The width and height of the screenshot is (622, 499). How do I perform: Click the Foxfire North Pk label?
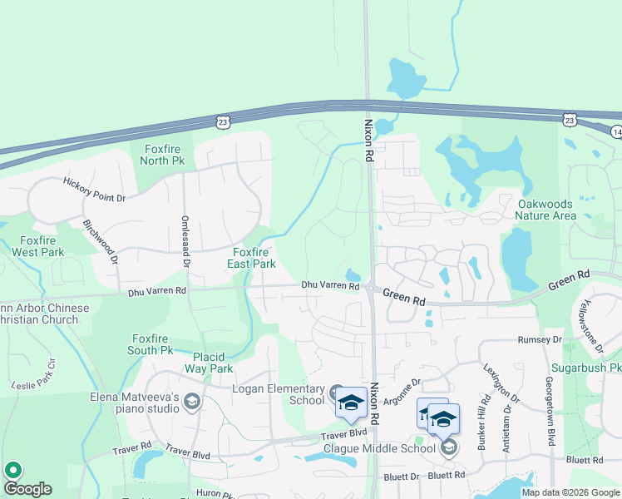[163, 155]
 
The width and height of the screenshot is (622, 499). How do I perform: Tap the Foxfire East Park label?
[252, 258]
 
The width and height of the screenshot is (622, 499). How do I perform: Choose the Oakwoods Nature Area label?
[545, 210]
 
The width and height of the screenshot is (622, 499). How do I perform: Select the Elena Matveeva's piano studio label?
[136, 403]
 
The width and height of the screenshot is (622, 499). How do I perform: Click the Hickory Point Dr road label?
[94, 190]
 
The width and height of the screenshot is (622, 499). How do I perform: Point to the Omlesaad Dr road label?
[185, 240]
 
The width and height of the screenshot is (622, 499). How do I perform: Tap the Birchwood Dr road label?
[100, 241]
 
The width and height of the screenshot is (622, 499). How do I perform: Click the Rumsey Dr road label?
[540, 340]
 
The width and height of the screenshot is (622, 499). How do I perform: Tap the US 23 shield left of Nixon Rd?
[222, 121]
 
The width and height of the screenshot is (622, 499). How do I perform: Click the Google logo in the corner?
[27, 489]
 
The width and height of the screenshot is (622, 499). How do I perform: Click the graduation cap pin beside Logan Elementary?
[351, 403]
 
